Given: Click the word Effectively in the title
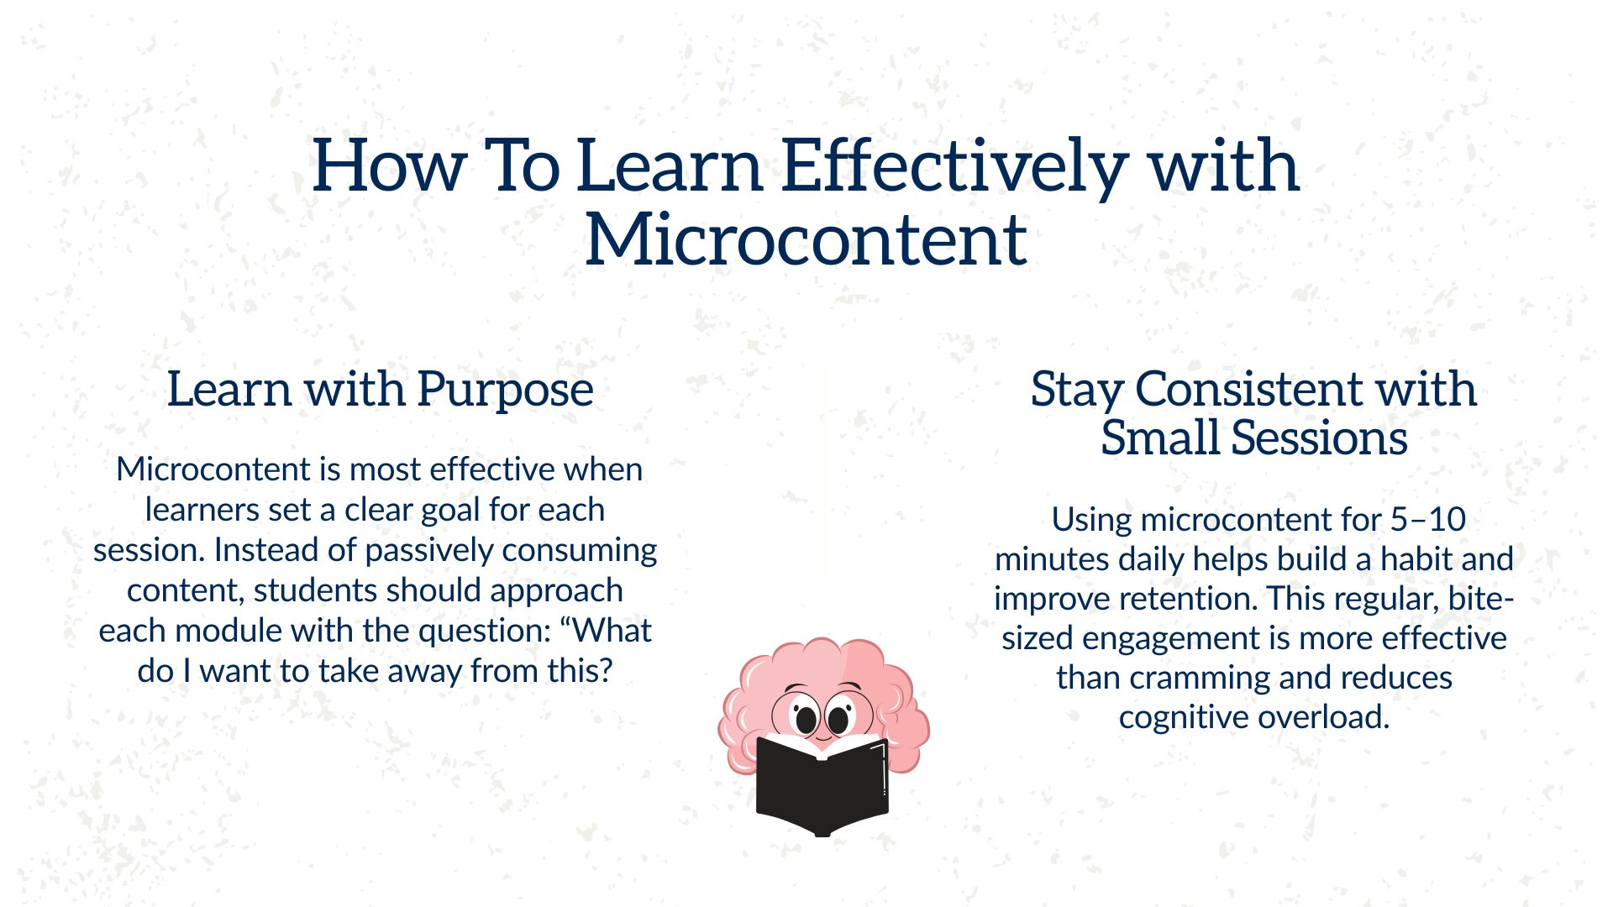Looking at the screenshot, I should tap(954, 166).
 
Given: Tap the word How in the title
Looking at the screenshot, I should tap(388, 166).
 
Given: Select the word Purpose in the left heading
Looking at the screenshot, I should tap(505, 390).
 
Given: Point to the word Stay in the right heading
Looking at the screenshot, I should tap(1077, 390).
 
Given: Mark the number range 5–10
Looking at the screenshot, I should tap(1427, 520).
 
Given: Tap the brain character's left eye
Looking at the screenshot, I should tap(806, 720).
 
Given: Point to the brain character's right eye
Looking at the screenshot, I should tap(838, 720).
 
